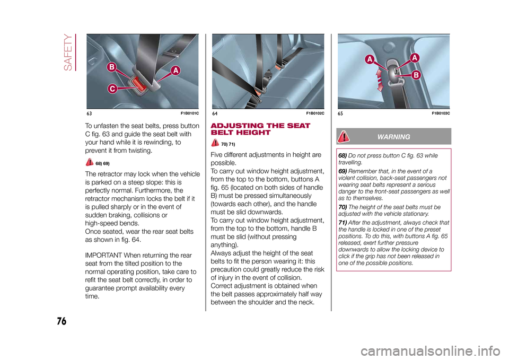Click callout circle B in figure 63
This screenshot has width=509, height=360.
tap(112, 67)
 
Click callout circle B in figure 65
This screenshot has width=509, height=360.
tap(416, 76)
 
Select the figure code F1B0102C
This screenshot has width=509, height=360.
tap(314, 113)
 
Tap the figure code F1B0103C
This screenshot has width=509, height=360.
tap(441, 113)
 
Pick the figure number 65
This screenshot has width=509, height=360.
tap(340, 113)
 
